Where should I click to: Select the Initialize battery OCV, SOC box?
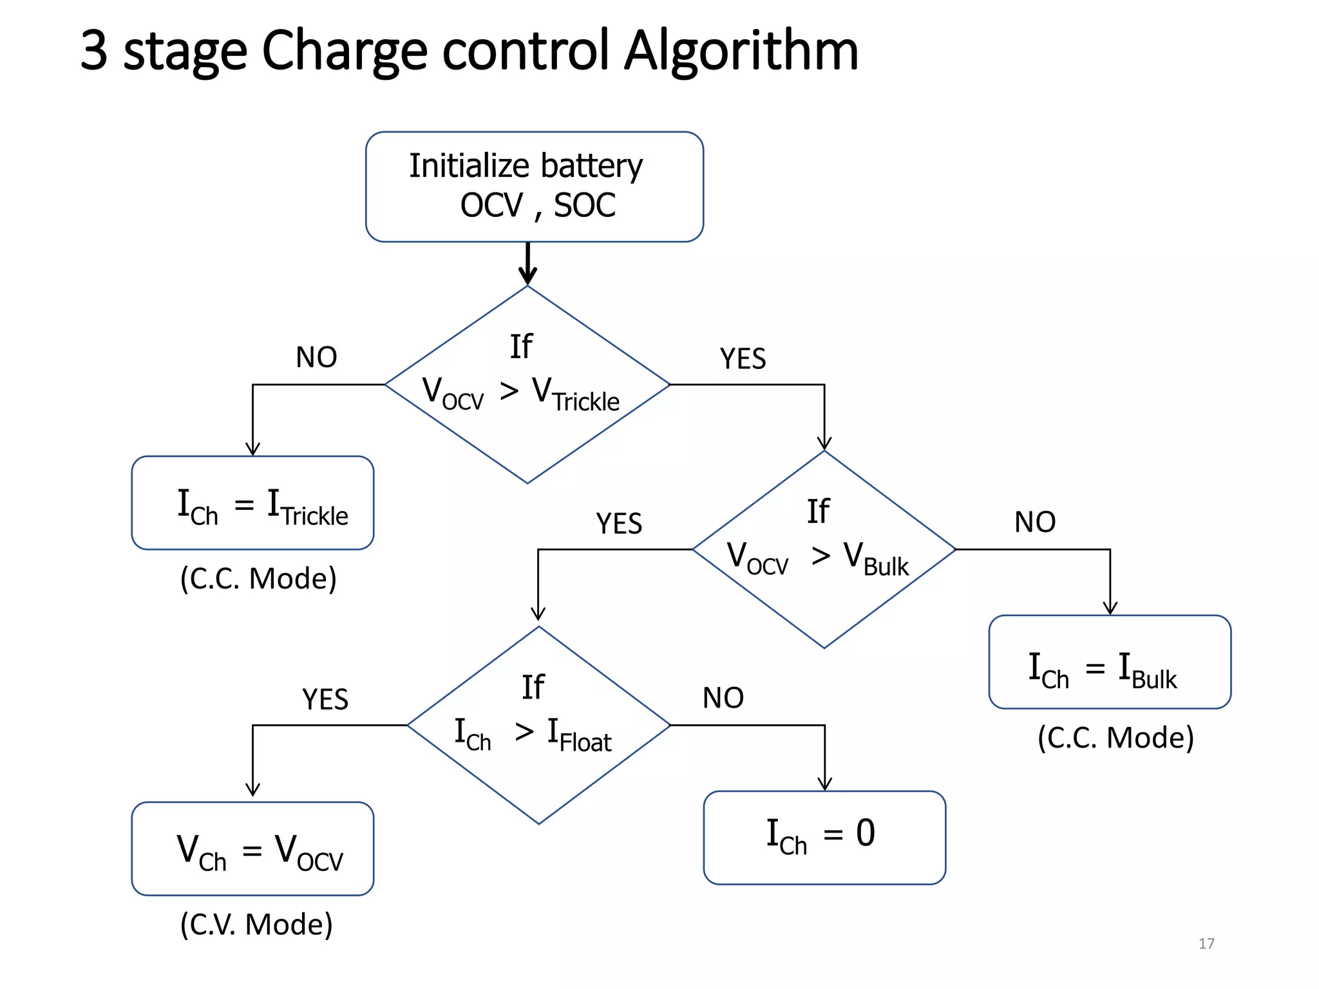pos(534,187)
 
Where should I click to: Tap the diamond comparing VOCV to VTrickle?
pos(527,384)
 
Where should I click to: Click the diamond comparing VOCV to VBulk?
pos(824,549)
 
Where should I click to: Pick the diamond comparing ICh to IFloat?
pos(538,725)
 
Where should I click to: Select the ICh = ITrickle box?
pos(252,503)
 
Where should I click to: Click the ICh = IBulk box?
pos(1110,662)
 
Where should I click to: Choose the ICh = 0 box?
pos(824,837)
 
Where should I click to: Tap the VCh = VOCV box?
pos(252,849)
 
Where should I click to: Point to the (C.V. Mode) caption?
pos(256,924)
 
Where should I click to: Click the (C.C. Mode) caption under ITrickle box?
pos(258,578)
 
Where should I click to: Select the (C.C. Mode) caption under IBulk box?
pos(1115,737)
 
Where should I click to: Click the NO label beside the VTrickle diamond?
pos(316,357)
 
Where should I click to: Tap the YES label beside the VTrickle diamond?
pos(743,359)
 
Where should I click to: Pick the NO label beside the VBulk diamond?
pos(1035,522)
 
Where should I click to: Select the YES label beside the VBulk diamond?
pos(619,523)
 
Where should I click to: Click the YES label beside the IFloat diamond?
pos(325,699)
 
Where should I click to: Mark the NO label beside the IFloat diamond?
pos(723,698)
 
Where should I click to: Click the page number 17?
pos(1206,943)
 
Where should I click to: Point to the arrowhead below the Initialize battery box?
pos(527,276)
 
